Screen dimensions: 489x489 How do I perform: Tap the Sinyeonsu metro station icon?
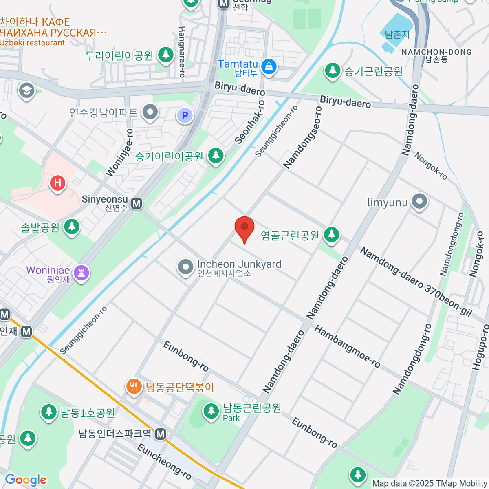point(137,203)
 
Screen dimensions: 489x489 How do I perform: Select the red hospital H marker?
point(57,183)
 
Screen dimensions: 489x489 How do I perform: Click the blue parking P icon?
point(185,115)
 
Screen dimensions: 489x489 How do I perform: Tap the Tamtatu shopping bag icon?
point(269,66)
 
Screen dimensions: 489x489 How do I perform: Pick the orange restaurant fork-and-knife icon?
point(134,386)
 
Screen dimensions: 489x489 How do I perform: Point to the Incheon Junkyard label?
point(239,264)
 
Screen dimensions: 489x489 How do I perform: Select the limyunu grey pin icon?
point(419,201)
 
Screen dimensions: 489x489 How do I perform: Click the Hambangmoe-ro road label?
point(347,346)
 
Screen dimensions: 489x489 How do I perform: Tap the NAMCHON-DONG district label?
point(436,52)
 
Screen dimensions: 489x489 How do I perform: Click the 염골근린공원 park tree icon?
point(331,235)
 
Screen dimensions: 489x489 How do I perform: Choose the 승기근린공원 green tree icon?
point(333,70)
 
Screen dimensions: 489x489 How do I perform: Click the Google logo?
point(26,480)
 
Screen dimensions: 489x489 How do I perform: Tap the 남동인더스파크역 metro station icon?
point(161,434)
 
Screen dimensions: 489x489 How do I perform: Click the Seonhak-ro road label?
point(249,122)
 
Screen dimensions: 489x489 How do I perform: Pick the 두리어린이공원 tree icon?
point(165,54)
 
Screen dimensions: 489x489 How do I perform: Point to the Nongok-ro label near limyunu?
point(431,166)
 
